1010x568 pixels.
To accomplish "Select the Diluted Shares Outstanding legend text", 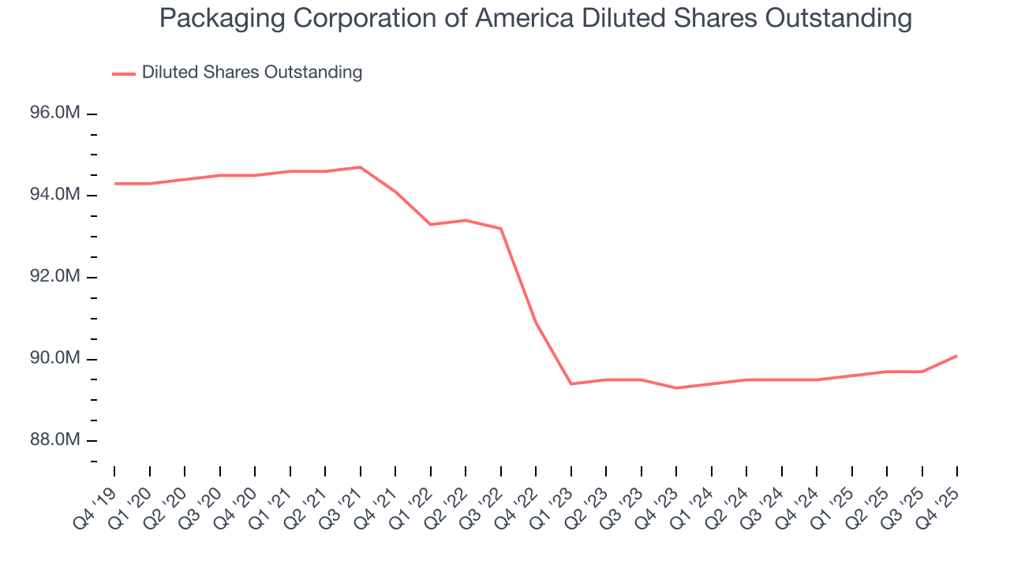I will coord(252,73).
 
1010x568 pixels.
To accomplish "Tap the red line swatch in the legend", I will coord(124,73).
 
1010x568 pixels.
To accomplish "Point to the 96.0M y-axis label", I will coord(55,114).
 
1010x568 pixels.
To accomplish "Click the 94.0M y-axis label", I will coord(55,195).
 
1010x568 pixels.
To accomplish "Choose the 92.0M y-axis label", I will coord(55,277).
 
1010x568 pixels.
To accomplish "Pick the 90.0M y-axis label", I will coord(55,359).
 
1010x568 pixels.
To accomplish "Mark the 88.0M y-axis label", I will coord(55,440).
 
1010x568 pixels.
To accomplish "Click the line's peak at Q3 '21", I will coord(360,167).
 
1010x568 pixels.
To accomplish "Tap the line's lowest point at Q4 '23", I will coord(676,388).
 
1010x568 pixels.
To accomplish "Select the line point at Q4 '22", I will coord(536,323).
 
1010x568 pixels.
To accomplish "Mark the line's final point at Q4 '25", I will coord(956,356).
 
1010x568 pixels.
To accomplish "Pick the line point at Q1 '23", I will coord(570,384).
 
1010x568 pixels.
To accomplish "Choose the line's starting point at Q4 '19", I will coord(114,184).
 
